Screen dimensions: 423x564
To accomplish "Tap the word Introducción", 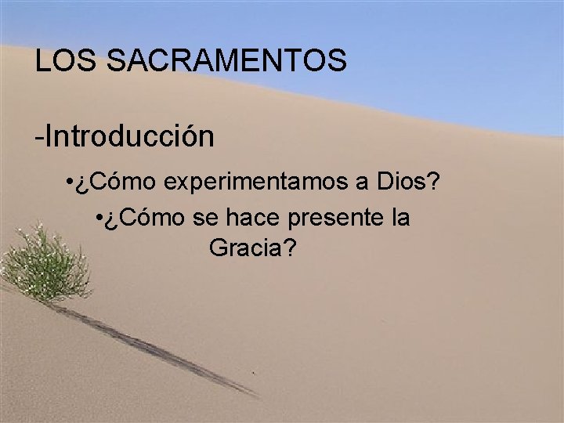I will click(129, 136).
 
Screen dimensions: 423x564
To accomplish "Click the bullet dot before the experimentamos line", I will click(70, 183).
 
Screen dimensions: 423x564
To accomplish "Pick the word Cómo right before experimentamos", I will click(125, 183).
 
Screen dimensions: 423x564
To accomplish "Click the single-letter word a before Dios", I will click(363, 183).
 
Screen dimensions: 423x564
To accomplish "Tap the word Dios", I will click(406, 183).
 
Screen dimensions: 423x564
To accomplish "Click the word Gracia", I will click(245, 249).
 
